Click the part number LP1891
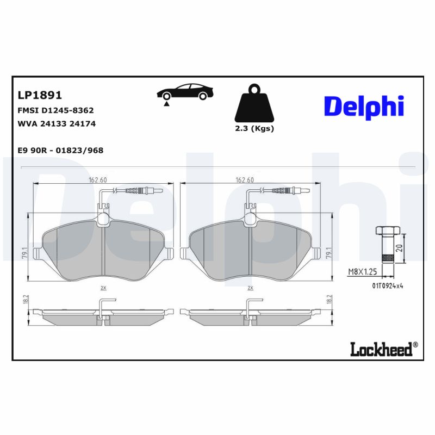point(40,95)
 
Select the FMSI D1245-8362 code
point(56,110)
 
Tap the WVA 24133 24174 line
point(57,123)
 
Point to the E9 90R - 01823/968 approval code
point(61,150)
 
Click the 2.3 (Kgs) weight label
point(254,129)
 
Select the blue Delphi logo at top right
point(364,107)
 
